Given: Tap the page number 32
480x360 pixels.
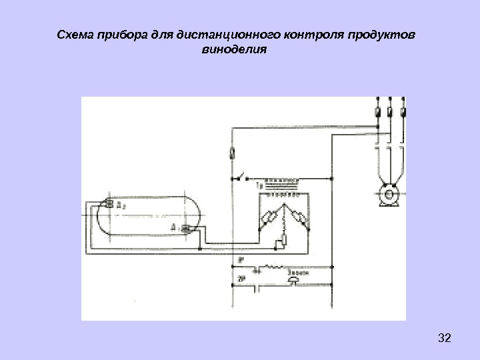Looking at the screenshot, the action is coord(444,339).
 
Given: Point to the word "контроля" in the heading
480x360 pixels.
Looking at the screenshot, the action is coord(313,34).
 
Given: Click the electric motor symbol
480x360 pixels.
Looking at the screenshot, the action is coord(387,196).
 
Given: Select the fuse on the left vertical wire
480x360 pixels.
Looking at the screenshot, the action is coord(233,153).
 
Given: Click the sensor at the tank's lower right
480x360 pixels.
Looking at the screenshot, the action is coord(186,229).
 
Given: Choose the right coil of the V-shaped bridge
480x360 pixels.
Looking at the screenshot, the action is coord(299,217).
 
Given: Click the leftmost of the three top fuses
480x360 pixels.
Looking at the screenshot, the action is coord(377,111).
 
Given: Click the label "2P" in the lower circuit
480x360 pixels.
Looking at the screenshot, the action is coord(241,281).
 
